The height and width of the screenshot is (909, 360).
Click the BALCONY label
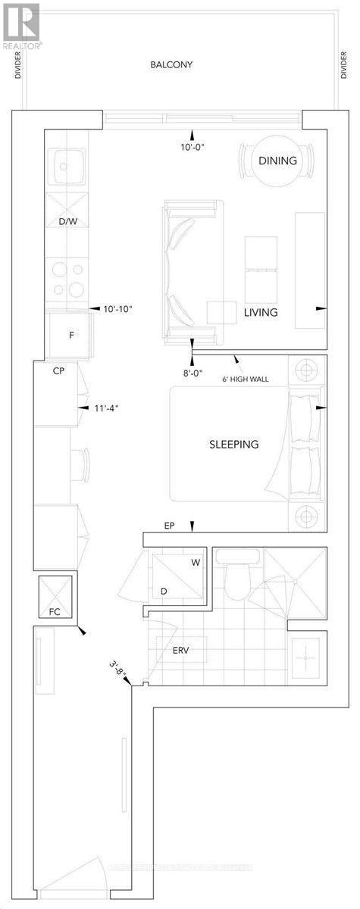(x=171, y=65)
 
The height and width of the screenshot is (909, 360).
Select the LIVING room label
(x=260, y=312)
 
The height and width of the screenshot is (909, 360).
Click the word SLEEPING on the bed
(x=234, y=444)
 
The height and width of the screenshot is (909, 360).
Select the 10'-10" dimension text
(x=117, y=309)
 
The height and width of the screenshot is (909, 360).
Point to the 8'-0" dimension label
(x=192, y=372)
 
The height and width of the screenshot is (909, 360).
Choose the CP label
(x=58, y=372)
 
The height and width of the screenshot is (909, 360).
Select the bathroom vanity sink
(x=306, y=658)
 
